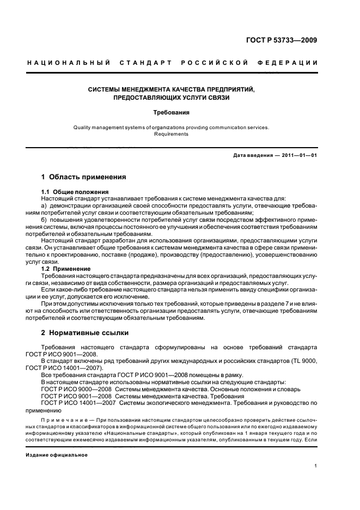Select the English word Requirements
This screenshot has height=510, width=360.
coord(170,134)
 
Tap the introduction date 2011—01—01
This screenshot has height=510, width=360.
coord(298,156)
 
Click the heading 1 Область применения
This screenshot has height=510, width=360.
coord(84,177)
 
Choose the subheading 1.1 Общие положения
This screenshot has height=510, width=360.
coord(75,192)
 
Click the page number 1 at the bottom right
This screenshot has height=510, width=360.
coord(316,466)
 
